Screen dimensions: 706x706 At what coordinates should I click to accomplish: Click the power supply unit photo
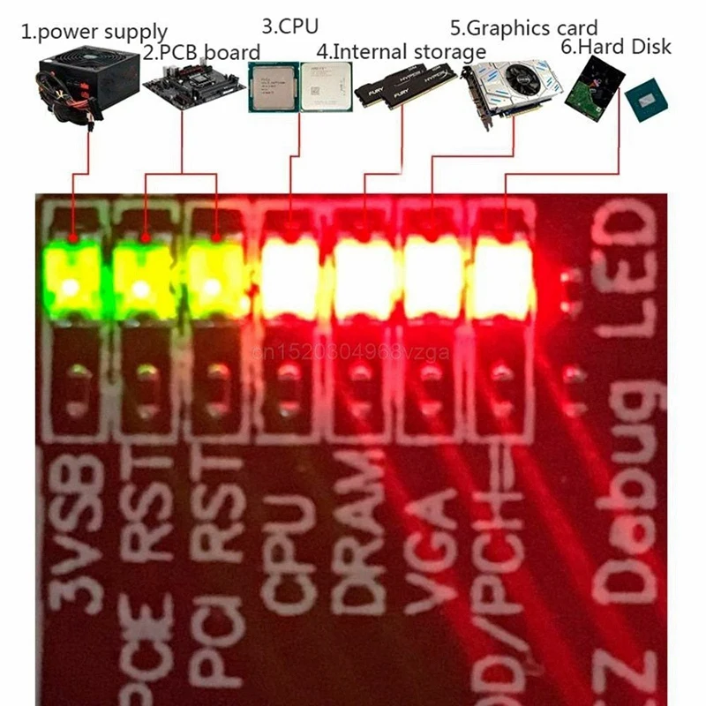(x=87, y=84)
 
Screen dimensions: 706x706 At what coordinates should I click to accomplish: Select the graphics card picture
(x=512, y=88)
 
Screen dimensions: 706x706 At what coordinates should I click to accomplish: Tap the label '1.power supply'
(x=94, y=34)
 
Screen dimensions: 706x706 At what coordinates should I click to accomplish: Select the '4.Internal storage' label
(x=401, y=51)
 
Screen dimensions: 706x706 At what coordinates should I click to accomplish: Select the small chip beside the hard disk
(x=647, y=101)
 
